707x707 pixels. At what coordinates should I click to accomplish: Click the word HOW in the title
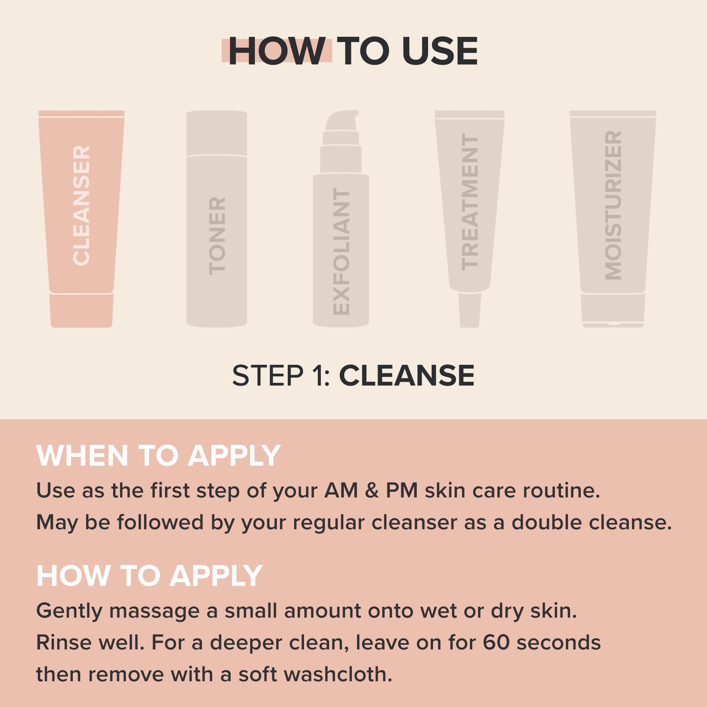point(277,52)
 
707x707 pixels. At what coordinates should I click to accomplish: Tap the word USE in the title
point(440,52)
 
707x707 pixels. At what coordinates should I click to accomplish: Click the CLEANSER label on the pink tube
point(81,206)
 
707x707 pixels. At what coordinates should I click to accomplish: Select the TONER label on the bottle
point(217,236)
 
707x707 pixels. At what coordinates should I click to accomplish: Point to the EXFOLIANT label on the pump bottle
point(342,252)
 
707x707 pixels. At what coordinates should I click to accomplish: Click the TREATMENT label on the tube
point(470,202)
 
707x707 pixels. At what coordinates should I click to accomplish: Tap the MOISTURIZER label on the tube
point(613,206)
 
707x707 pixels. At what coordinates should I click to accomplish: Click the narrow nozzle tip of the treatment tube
point(469,310)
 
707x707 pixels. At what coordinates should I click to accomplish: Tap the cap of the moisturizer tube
point(613,310)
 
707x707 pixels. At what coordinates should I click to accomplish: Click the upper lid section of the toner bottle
point(217,134)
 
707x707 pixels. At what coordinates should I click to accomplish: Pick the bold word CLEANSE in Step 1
point(407,376)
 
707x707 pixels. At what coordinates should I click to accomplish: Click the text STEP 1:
point(281,376)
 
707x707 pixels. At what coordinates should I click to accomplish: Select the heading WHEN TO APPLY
point(158,456)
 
